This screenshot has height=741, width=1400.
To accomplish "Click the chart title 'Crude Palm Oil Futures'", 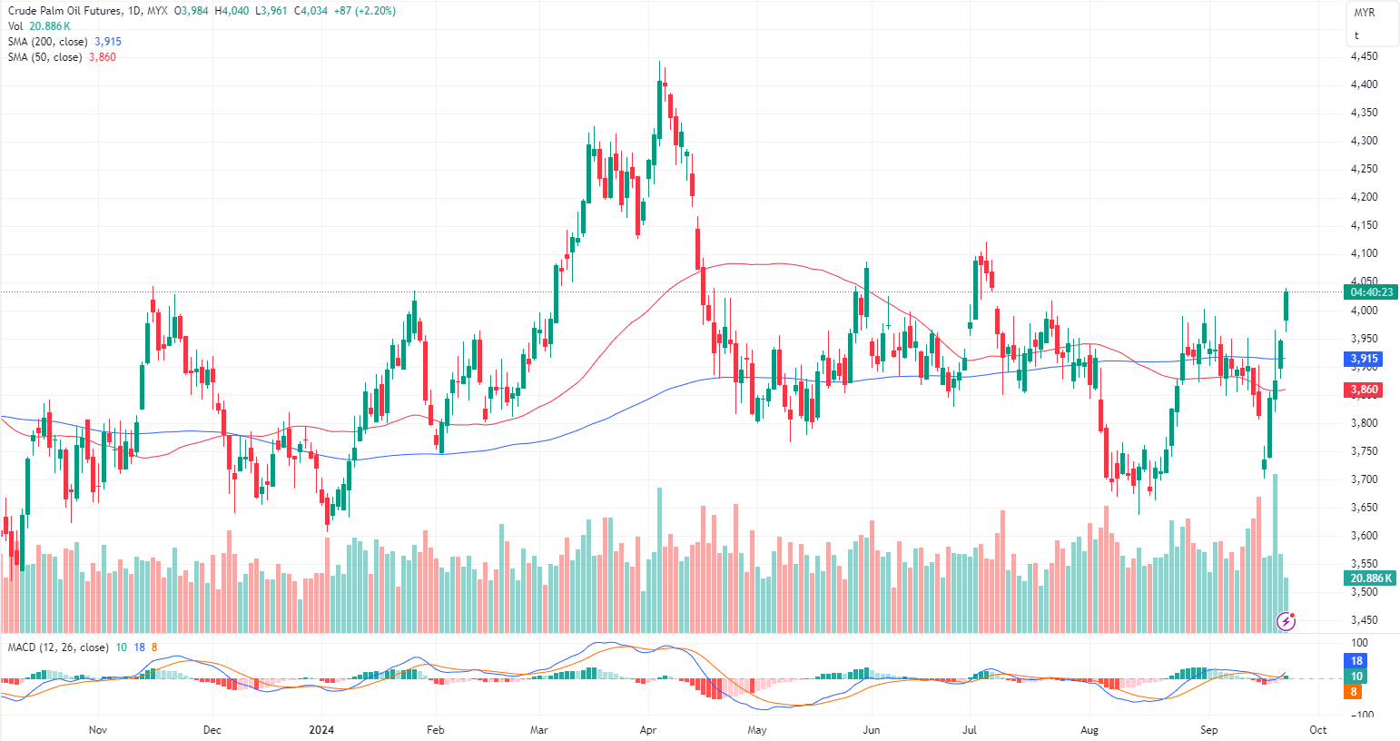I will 63,11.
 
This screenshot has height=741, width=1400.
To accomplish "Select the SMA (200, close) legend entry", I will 48,42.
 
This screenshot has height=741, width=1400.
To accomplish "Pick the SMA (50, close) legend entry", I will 45,57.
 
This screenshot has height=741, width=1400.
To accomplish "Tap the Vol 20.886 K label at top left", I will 39,26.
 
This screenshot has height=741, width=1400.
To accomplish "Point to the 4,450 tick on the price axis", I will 1364,56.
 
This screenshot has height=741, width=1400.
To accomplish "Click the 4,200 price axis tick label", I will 1364,197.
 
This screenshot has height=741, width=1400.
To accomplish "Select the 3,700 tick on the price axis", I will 1364,479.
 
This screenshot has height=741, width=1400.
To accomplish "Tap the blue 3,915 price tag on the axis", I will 1364,359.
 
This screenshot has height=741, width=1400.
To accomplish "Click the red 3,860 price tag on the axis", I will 1364,390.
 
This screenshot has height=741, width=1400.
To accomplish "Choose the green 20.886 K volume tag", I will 1371,578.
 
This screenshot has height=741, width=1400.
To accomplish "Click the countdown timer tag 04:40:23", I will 1372,292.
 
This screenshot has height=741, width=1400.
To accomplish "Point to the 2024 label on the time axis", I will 321,730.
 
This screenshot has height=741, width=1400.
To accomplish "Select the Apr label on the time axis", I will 648,730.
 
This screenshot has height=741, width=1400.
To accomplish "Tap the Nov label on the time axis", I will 98,730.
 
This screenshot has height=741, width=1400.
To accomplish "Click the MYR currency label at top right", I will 1364,13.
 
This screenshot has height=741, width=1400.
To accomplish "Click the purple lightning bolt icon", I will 1286,621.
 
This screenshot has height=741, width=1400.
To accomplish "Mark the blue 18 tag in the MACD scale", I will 1356,661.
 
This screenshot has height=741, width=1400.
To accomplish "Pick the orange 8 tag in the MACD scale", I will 1354,692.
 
